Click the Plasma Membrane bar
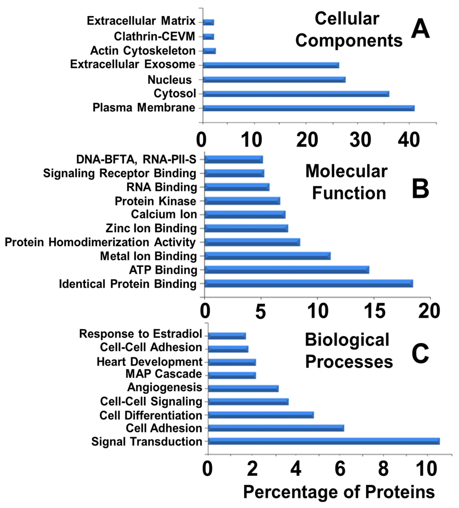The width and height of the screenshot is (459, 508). point(308,108)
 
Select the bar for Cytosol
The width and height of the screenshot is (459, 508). point(296,94)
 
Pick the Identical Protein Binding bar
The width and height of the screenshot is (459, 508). point(308,284)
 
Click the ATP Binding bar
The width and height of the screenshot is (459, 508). point(287,270)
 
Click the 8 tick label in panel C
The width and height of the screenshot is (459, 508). point(383,469)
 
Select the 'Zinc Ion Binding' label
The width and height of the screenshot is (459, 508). point(151,228)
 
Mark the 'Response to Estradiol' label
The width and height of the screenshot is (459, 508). point(140,334)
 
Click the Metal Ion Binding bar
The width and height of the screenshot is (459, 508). point(267,256)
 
